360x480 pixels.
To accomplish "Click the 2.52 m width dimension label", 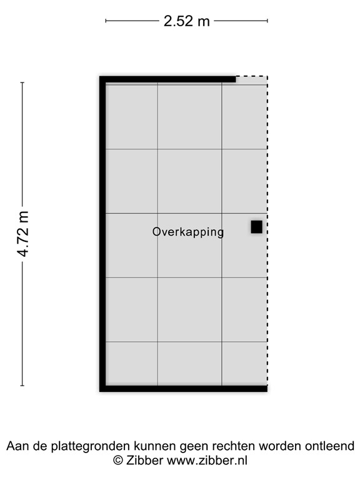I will point(186,21).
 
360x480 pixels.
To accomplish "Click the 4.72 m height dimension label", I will point(23,234).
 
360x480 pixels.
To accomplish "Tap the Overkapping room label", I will point(187,232).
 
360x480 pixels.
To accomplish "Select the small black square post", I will point(256,227).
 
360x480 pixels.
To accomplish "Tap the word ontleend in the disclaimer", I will point(331,446).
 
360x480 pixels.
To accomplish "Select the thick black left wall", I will point(102,234).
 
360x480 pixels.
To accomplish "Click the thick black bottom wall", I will point(184,389).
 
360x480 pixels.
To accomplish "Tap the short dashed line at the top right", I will point(251,77).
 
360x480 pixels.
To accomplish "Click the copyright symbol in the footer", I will point(117,461).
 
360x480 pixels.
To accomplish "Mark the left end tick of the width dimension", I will point(106,21).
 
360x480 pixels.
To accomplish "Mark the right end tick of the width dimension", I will point(267,21).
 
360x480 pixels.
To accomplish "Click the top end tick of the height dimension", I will point(22,82).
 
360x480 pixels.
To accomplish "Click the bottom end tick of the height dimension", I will point(22,386).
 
